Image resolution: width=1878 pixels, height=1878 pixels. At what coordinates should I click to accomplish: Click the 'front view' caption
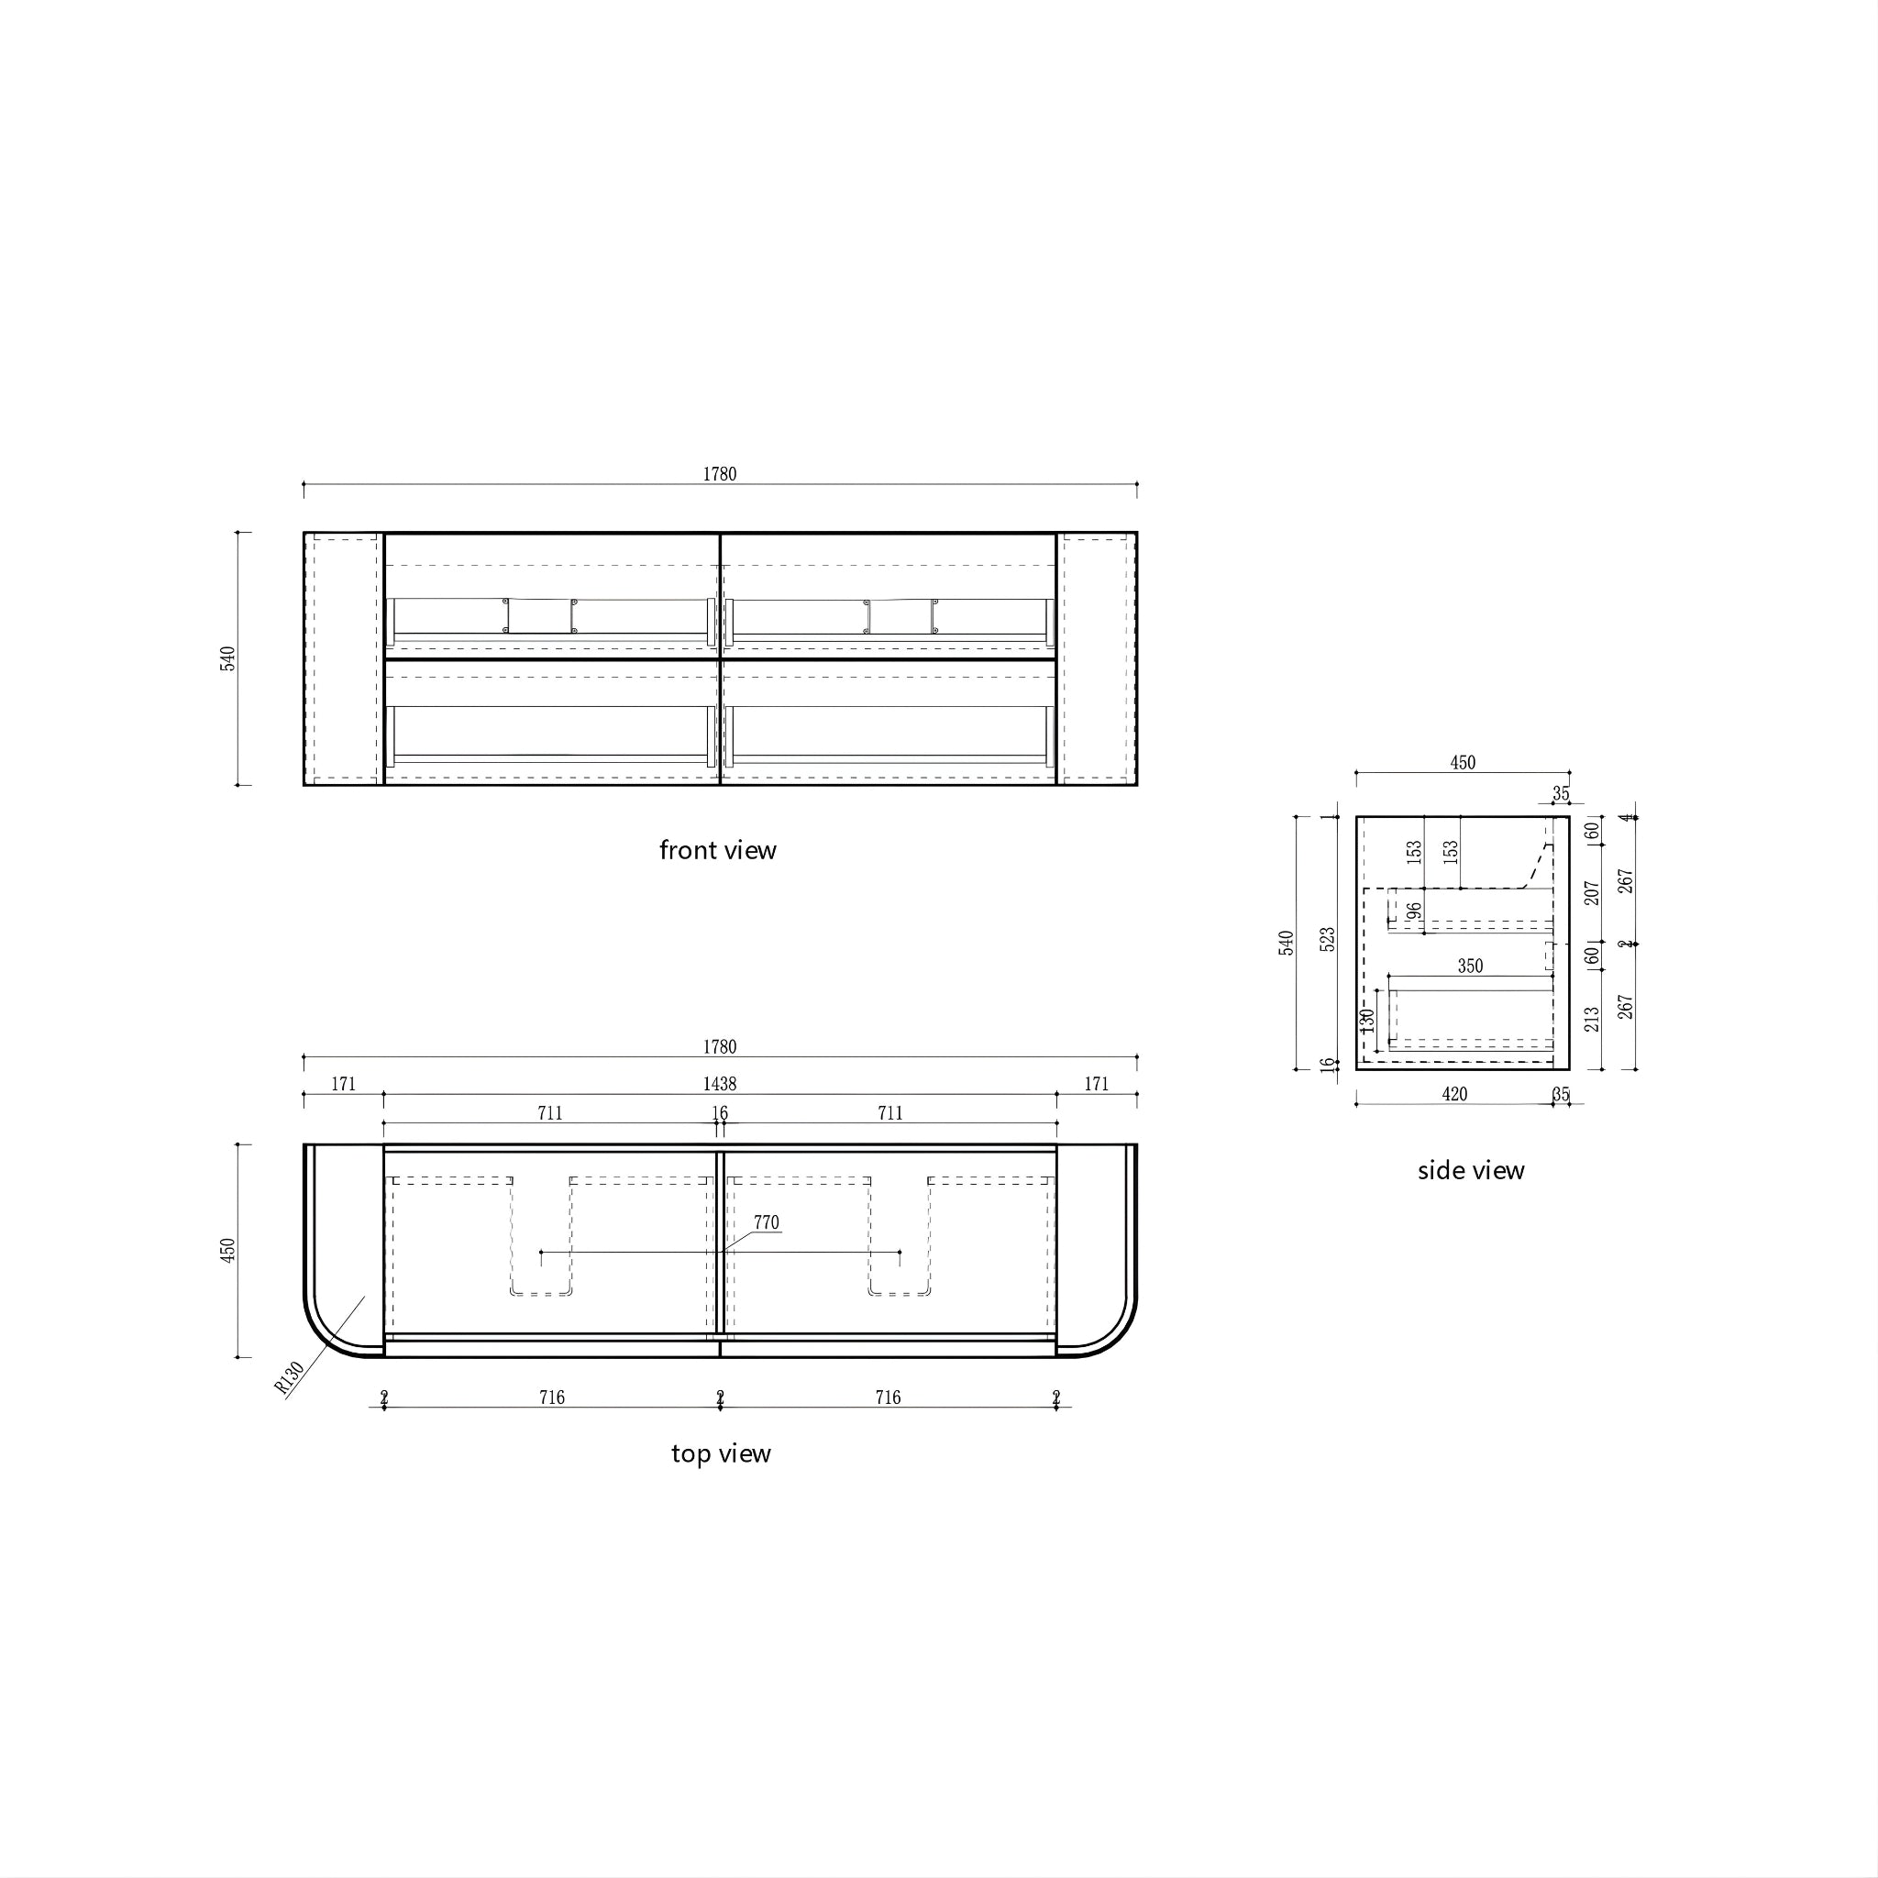click(717, 851)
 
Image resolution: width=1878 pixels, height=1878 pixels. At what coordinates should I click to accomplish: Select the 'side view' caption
click(1471, 1170)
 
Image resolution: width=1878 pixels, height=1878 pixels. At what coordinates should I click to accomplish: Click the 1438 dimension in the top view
click(719, 1084)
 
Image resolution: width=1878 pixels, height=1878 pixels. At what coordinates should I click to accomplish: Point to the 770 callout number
click(766, 1223)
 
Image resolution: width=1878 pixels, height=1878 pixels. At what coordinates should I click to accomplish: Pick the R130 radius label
click(290, 1378)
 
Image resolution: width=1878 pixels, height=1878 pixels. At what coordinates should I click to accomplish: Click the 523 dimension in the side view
click(1328, 939)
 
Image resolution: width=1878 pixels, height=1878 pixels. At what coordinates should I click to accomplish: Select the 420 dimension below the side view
click(1454, 1095)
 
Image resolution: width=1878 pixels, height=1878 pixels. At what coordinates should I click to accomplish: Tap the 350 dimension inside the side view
click(1470, 967)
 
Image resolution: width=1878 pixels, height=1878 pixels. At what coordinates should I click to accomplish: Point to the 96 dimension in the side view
click(1414, 911)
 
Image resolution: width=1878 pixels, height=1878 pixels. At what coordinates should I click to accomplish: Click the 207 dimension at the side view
click(1591, 893)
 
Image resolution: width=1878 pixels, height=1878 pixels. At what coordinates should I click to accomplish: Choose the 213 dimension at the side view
click(1591, 1019)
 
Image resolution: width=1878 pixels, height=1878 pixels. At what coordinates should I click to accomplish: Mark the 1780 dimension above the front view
click(719, 474)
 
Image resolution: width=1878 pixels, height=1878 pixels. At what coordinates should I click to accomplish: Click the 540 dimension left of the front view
click(227, 658)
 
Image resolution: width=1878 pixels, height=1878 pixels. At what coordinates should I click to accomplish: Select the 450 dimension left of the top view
click(227, 1250)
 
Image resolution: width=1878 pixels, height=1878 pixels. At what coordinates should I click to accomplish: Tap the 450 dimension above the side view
click(1462, 763)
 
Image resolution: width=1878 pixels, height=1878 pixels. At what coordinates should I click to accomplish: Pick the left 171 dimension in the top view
click(343, 1084)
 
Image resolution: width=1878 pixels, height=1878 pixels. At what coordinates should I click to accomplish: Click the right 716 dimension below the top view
click(888, 1397)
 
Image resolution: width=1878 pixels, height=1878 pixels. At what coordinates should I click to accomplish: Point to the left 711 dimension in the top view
click(550, 1113)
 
